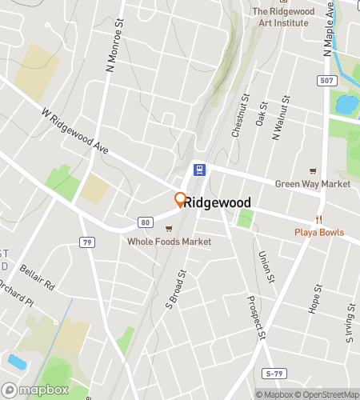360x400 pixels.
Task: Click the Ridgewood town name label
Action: (x=218, y=203)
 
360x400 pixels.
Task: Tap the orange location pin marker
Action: (x=180, y=200)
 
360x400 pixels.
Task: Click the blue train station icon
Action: (x=198, y=170)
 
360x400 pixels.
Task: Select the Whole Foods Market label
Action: (x=170, y=241)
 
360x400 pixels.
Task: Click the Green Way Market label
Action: (x=313, y=184)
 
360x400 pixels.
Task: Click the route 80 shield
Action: (x=145, y=222)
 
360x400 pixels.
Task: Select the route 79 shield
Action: (x=87, y=241)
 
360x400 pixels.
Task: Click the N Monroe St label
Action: (x=113, y=46)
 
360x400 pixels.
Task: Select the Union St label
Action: (x=266, y=266)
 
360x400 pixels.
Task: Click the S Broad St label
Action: (x=175, y=288)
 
